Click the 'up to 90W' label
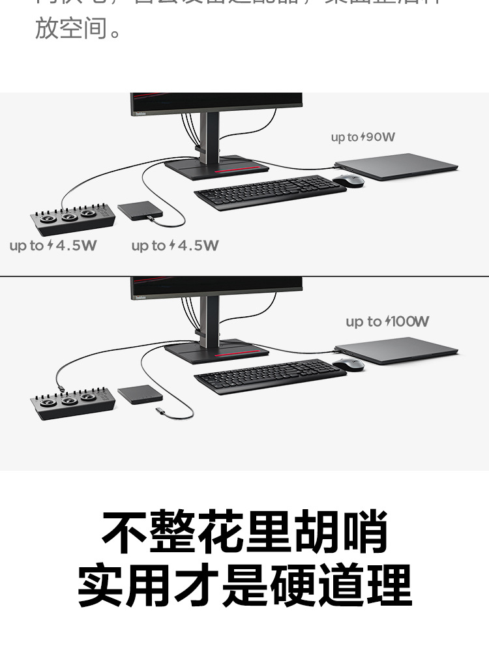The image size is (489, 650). [x=363, y=137]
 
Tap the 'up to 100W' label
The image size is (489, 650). [x=387, y=321]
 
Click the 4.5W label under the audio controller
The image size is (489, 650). [x=53, y=246]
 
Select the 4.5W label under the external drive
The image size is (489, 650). [x=175, y=246]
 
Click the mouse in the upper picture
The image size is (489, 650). [x=348, y=181]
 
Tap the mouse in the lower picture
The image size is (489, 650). [x=348, y=364]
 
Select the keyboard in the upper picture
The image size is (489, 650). [x=270, y=192]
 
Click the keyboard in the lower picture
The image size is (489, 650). [x=270, y=376]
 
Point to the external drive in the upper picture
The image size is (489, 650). [x=140, y=211]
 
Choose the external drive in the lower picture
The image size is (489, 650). [x=140, y=394]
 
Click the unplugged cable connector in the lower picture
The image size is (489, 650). [x=160, y=411]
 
